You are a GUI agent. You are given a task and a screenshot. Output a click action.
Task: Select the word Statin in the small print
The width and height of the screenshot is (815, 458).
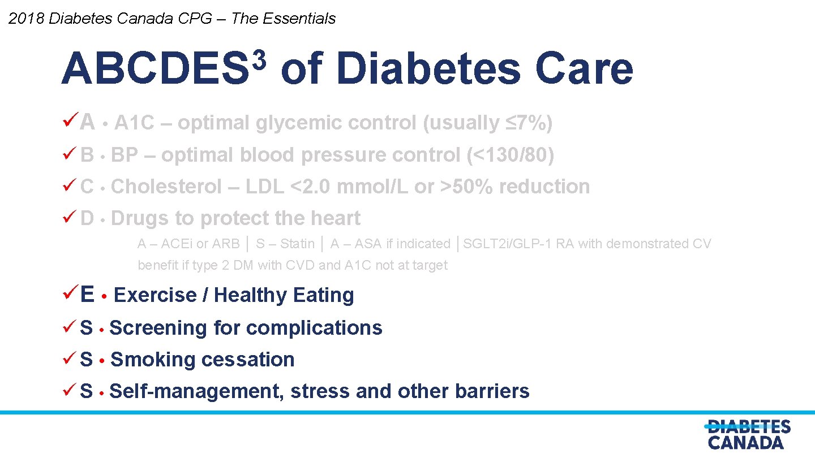click(297, 244)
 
